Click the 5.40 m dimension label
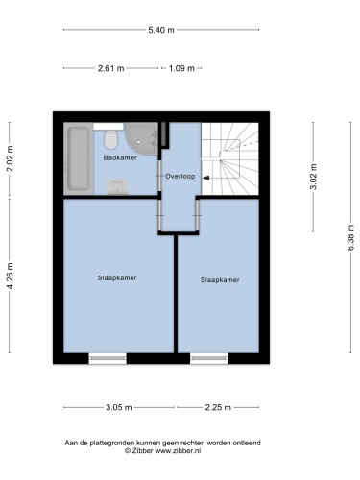point(161,30)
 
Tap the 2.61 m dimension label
point(110,68)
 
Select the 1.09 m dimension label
point(181,68)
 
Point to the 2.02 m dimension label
point(10,158)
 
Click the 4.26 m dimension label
point(10,276)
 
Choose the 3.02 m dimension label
point(313,177)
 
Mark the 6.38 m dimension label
point(350,238)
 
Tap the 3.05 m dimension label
point(119,407)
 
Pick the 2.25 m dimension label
point(218,407)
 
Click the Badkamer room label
point(120,157)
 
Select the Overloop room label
point(180,176)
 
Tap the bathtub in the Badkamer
point(79,158)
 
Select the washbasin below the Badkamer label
point(117,187)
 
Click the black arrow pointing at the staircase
point(206,178)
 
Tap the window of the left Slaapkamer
point(108,358)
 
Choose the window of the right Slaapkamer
point(209,358)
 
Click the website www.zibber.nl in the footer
point(178,451)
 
